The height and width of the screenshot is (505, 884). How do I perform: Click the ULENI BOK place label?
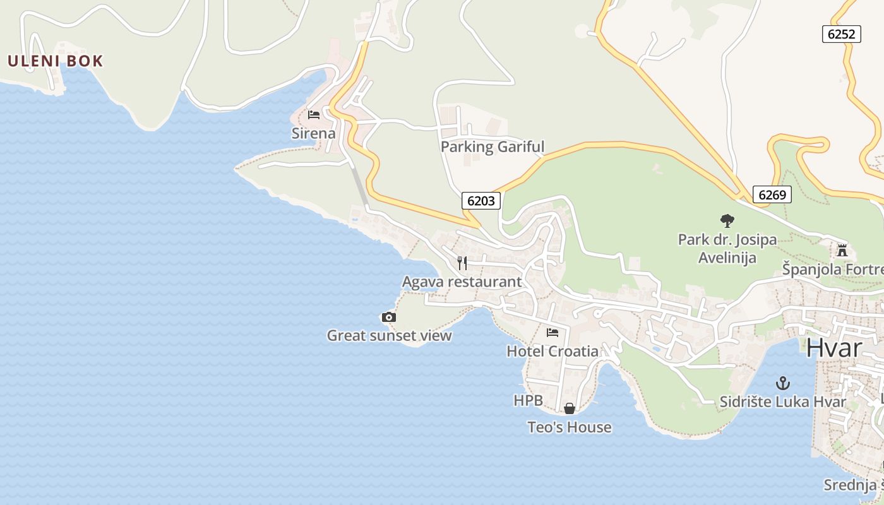[x=55, y=61]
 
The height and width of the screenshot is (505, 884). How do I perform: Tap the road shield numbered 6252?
[x=842, y=34]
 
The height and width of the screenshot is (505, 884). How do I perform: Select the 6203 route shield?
[x=481, y=201]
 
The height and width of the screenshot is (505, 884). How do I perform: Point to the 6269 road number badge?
[x=772, y=194]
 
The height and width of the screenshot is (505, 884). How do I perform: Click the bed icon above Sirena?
[x=313, y=115]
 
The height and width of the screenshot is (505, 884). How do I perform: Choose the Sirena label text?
[x=313, y=133]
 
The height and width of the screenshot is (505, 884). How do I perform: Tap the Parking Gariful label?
[x=492, y=147]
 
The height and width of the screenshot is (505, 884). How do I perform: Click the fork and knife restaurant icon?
[x=462, y=263]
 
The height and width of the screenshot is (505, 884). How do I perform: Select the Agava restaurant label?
[x=462, y=282]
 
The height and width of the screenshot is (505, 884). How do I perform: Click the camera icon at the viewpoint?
[x=389, y=317]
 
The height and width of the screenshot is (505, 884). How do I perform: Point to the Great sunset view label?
[x=389, y=335]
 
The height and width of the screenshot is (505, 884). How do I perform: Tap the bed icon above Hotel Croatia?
[x=552, y=332]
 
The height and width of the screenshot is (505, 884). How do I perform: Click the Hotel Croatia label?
[x=552, y=351]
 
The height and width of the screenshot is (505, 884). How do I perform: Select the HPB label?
[x=528, y=400]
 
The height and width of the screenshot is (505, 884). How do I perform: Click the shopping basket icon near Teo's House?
[x=569, y=408]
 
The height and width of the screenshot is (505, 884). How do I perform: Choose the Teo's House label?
[x=569, y=427]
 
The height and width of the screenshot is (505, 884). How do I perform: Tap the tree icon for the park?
[x=727, y=221]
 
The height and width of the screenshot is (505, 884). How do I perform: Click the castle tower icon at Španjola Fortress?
[x=842, y=251]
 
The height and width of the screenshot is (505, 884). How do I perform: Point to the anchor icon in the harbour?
[x=783, y=383]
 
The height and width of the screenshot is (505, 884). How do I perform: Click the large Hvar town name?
[x=833, y=348]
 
